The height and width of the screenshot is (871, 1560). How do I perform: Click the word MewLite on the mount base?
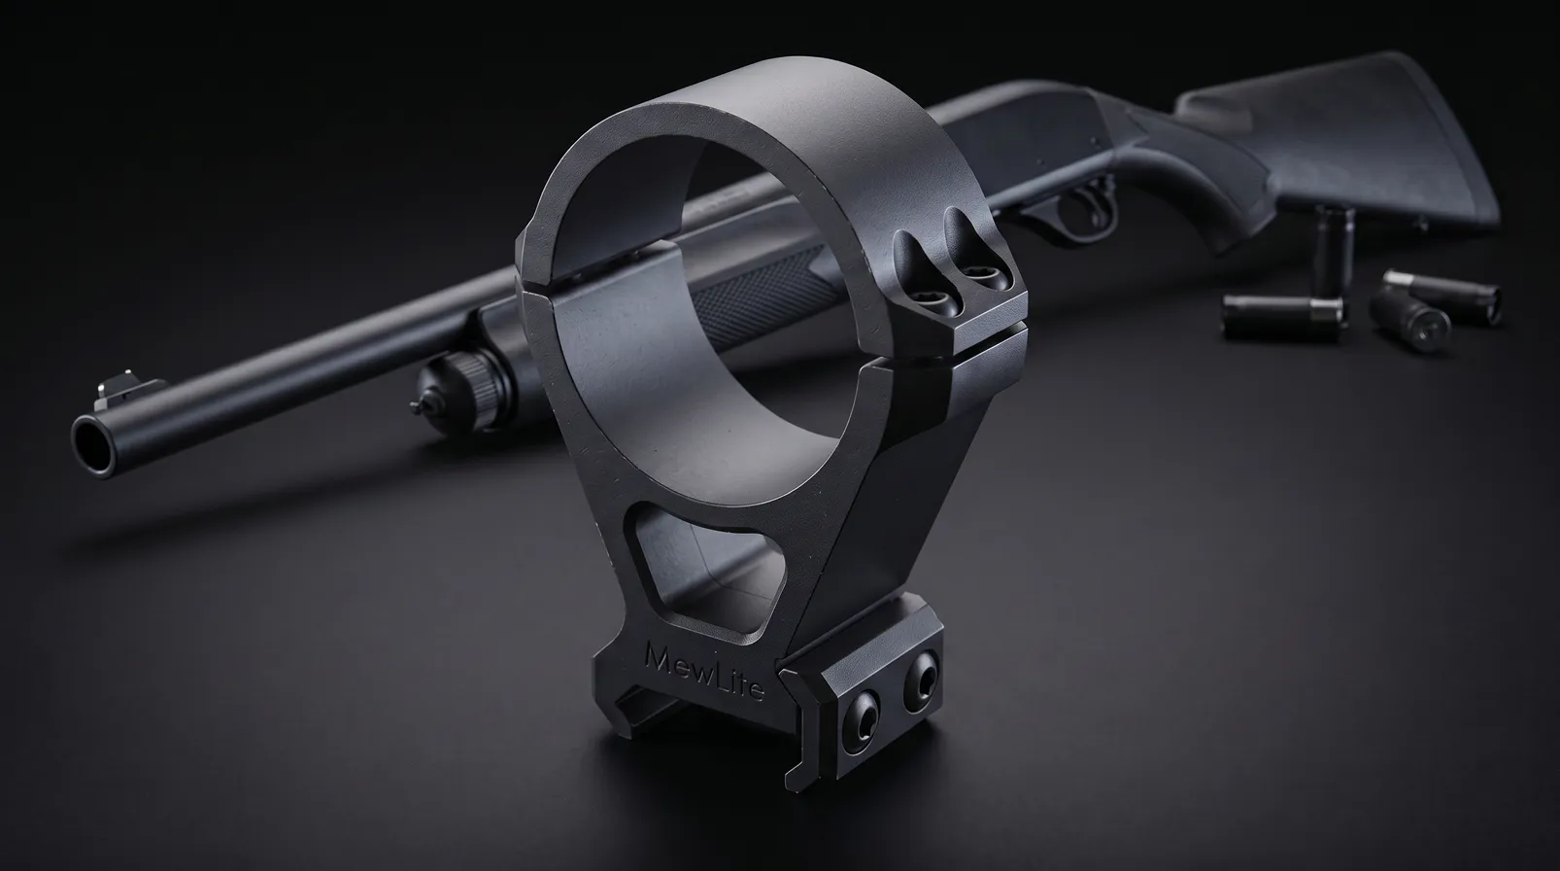705,671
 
